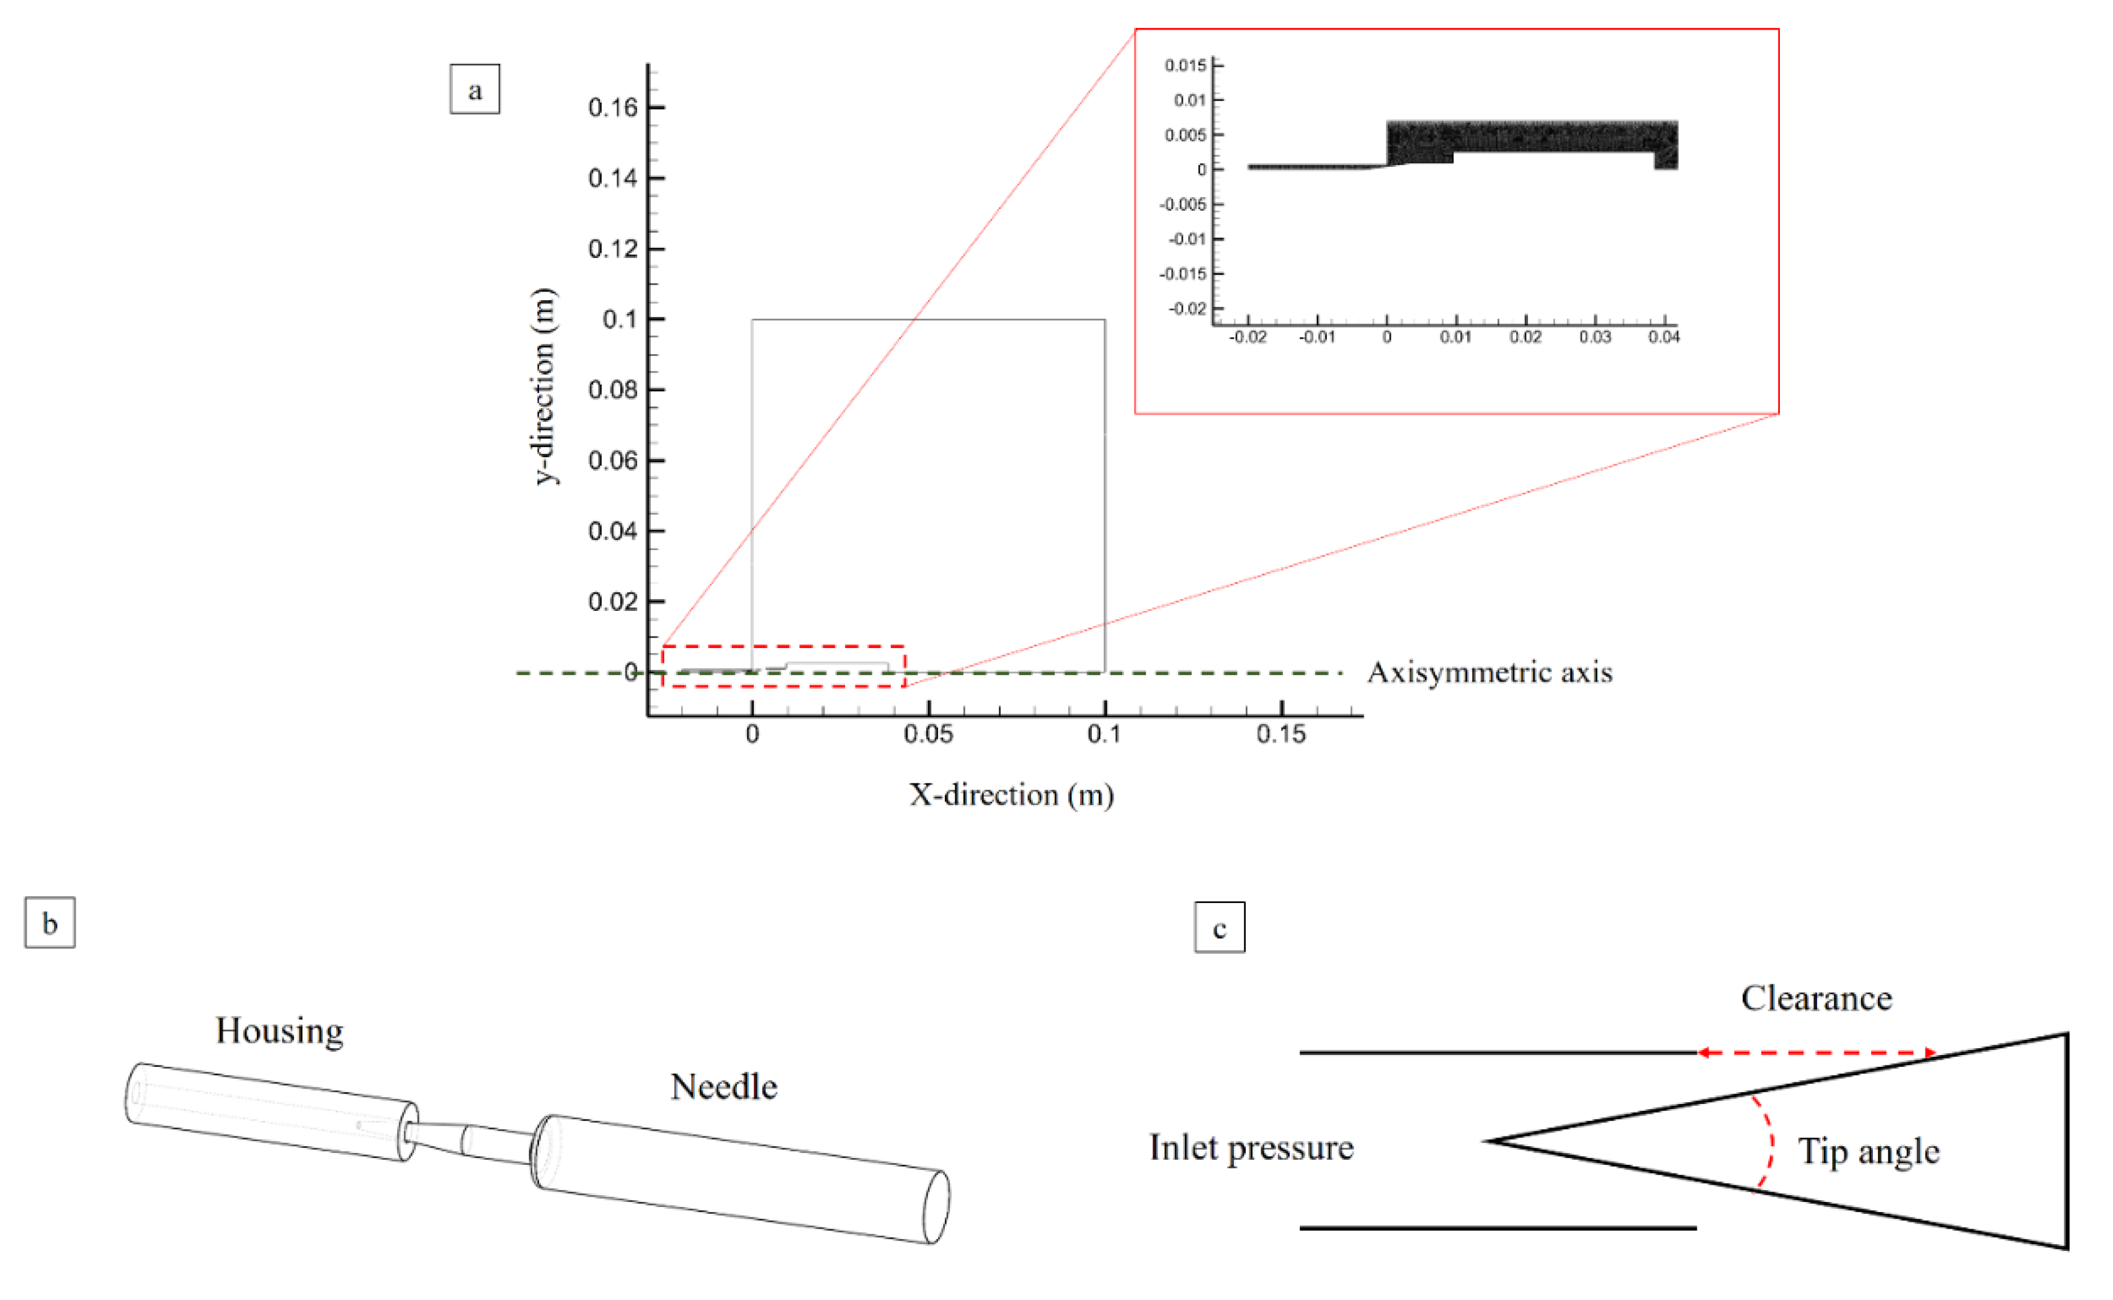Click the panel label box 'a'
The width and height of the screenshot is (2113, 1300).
click(x=475, y=89)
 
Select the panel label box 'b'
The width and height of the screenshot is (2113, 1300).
click(x=50, y=922)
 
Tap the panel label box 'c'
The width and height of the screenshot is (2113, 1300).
click(x=1220, y=927)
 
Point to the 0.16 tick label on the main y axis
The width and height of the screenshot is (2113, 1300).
click(x=613, y=107)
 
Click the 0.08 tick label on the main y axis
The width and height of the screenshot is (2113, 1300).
click(x=613, y=390)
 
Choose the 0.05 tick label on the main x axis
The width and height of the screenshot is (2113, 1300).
click(x=929, y=734)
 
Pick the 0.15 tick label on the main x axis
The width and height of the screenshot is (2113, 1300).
click(x=1282, y=734)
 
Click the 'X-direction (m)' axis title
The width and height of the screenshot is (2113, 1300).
click(x=1011, y=795)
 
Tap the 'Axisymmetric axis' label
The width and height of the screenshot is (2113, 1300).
click(x=1490, y=672)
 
